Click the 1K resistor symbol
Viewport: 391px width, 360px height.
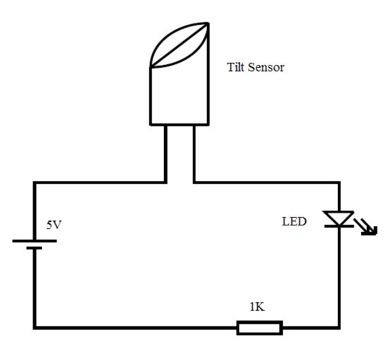coord(259,328)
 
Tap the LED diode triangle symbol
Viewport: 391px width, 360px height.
coord(339,218)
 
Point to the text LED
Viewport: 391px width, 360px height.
coord(294,222)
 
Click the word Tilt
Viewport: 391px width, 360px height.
coord(237,67)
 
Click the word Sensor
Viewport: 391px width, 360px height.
coord(267,67)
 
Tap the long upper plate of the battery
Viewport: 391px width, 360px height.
coord(34,241)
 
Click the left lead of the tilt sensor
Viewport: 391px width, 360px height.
coord(165,153)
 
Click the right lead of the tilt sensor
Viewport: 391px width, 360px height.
coord(193,153)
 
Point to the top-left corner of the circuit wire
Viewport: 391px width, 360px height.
coord(34,182)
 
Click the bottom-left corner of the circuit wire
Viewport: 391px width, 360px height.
coord(34,328)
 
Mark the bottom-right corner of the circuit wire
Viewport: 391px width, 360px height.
coord(339,328)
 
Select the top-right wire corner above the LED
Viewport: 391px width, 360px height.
coord(339,182)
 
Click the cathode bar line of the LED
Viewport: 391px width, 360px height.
coord(339,227)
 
